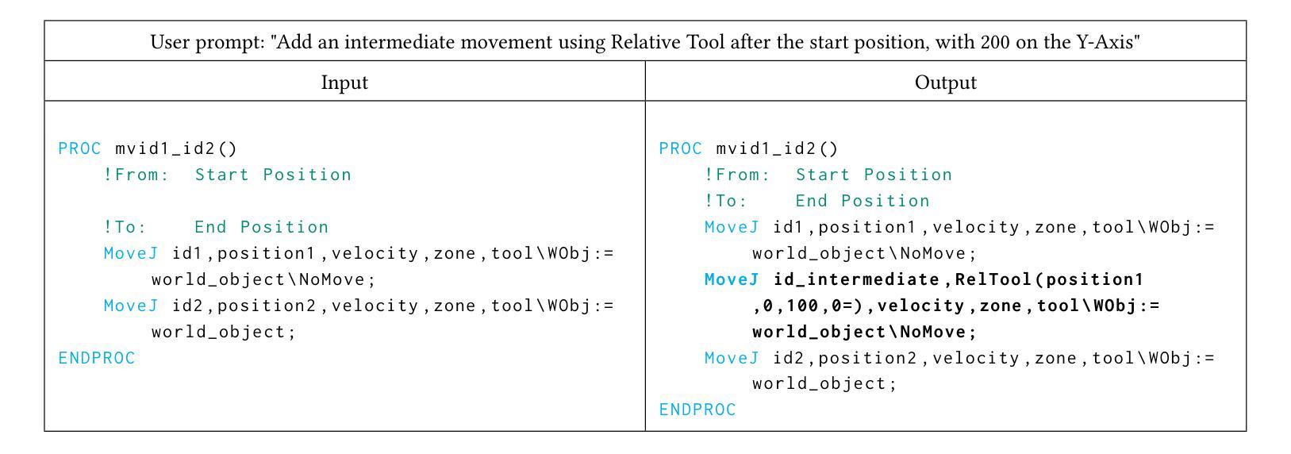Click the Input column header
[344, 83]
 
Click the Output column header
[945, 83]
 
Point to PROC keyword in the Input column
[79, 149]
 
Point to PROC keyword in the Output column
[680, 149]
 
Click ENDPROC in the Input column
[97, 358]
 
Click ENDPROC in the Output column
[697, 410]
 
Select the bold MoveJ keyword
[732, 279]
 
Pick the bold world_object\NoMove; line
[864, 332]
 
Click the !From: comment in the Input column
[136, 175]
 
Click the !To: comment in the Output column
[725, 202]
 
